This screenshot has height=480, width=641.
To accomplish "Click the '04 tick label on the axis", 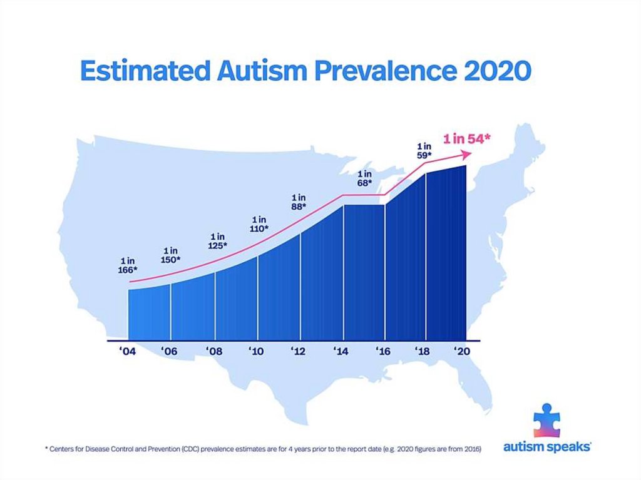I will coord(128,352).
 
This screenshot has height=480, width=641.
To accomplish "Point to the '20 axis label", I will coord(461,352).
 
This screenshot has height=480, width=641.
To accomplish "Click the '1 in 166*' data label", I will coord(128,265).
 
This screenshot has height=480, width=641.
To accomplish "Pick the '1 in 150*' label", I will coord(169,255).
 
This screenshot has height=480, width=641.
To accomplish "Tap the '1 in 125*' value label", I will coord(217,242).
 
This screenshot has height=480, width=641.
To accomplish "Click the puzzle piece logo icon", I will coord(546,420).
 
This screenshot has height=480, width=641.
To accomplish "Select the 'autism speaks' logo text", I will coord(547,447).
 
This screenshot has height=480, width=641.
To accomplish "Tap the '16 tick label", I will coord(382,352).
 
